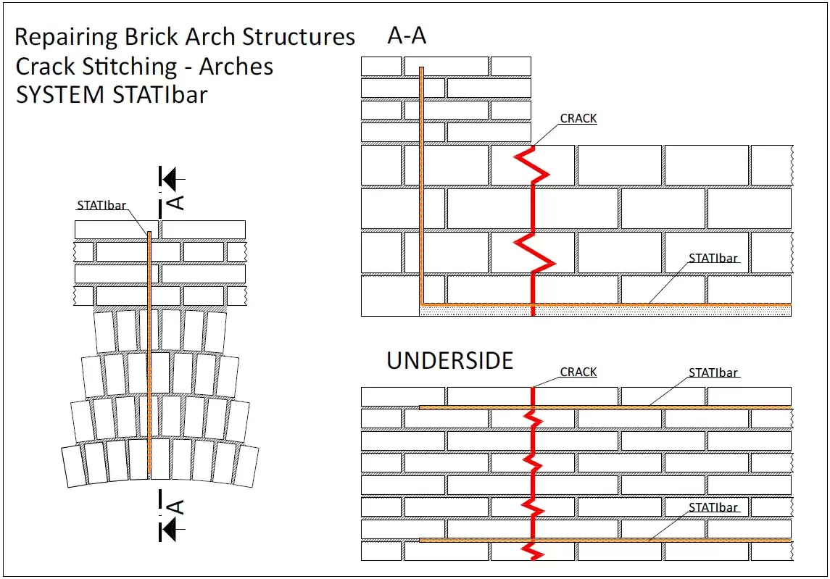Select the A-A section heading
pos(407,36)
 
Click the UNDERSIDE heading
pos(449,360)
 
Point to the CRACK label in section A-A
pos(578,118)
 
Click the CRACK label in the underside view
pos(578,372)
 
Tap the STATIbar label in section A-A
pos(713,258)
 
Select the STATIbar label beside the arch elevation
pos(101,205)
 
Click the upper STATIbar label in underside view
pos(713,372)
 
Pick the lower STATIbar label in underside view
pos(713,507)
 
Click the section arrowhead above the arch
pos(170,178)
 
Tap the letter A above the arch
pos(176,201)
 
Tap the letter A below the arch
pos(176,507)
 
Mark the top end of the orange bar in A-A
pos(421,70)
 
